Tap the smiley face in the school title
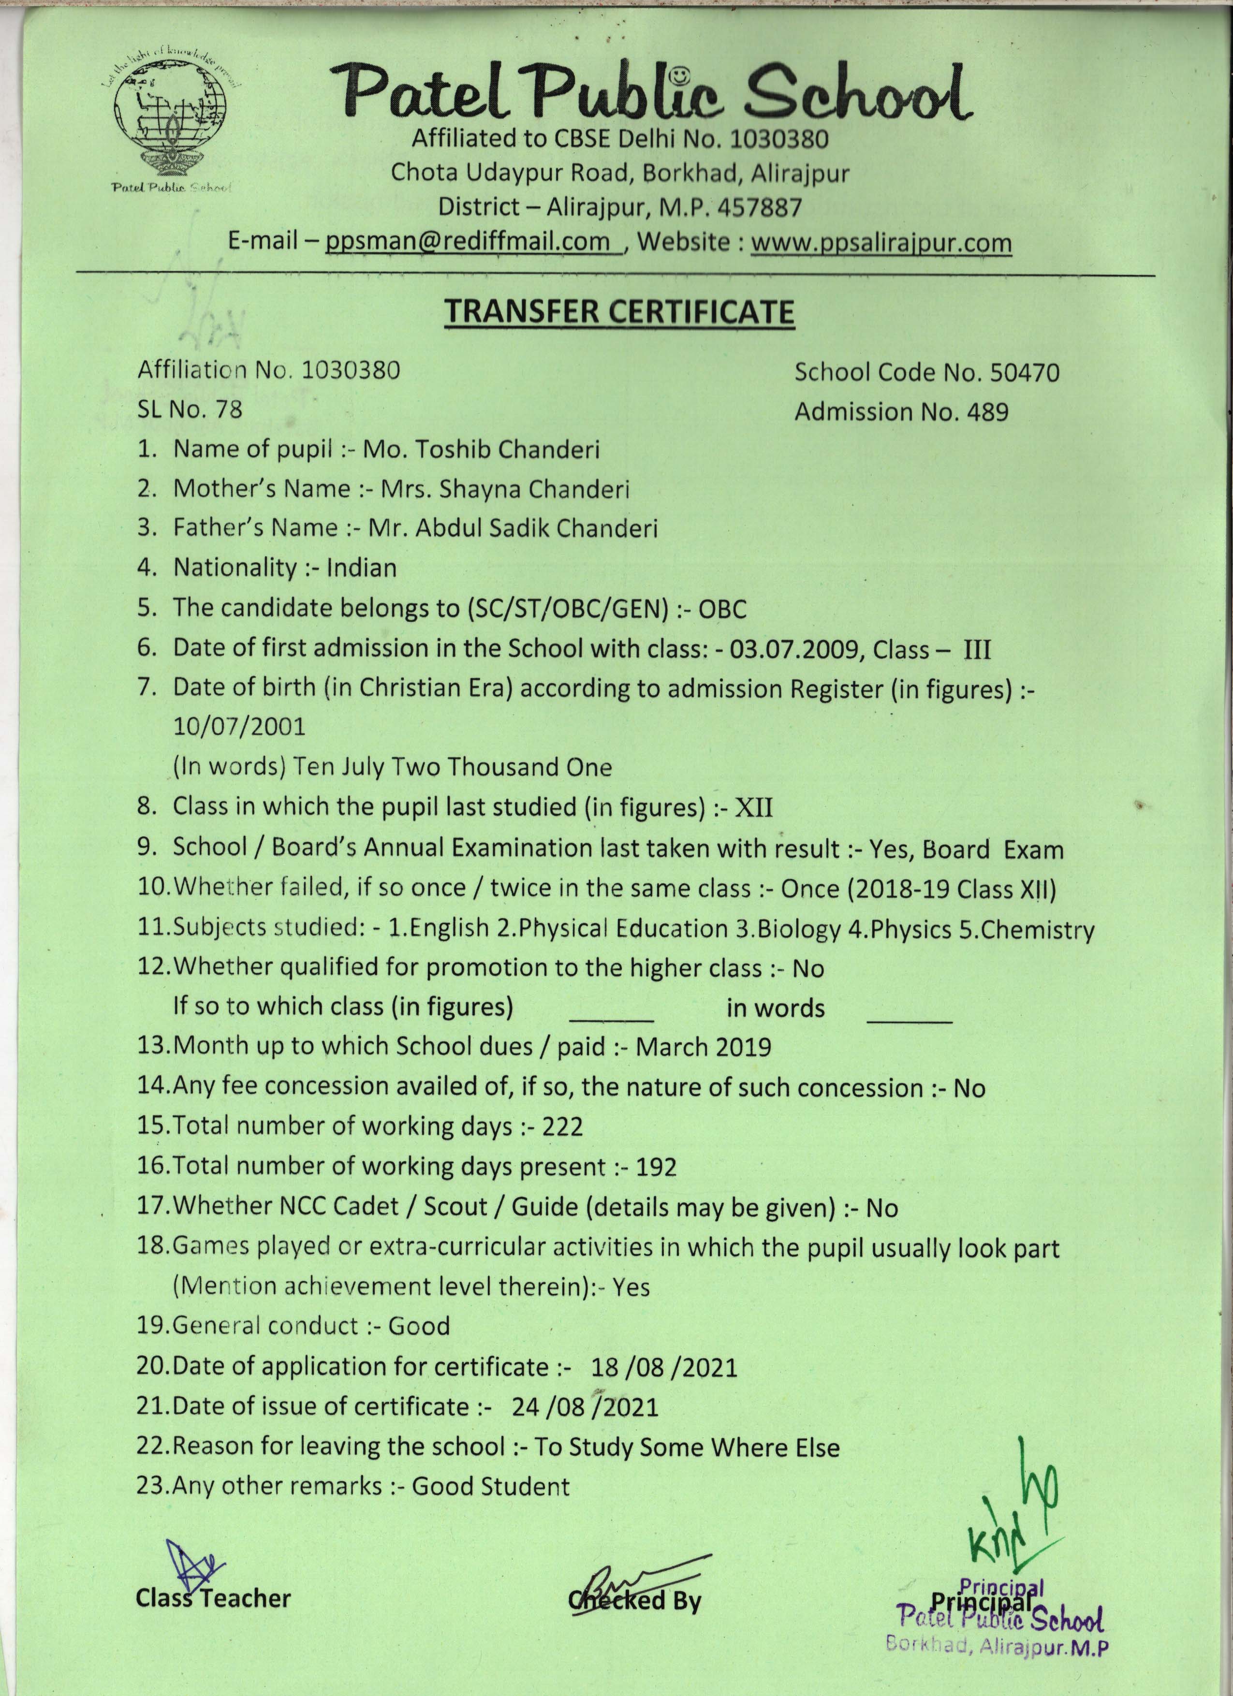(x=677, y=75)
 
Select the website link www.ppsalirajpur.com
(x=881, y=242)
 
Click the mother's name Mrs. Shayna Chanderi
(x=505, y=489)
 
